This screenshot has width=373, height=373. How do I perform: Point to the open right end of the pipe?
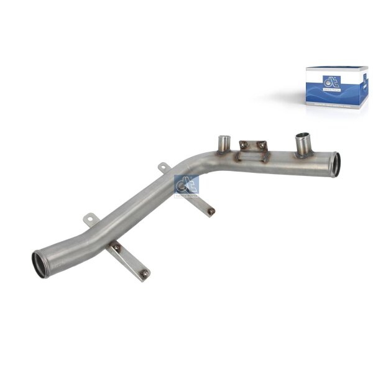[336, 164]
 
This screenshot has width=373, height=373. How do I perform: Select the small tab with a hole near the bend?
[163, 167]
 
